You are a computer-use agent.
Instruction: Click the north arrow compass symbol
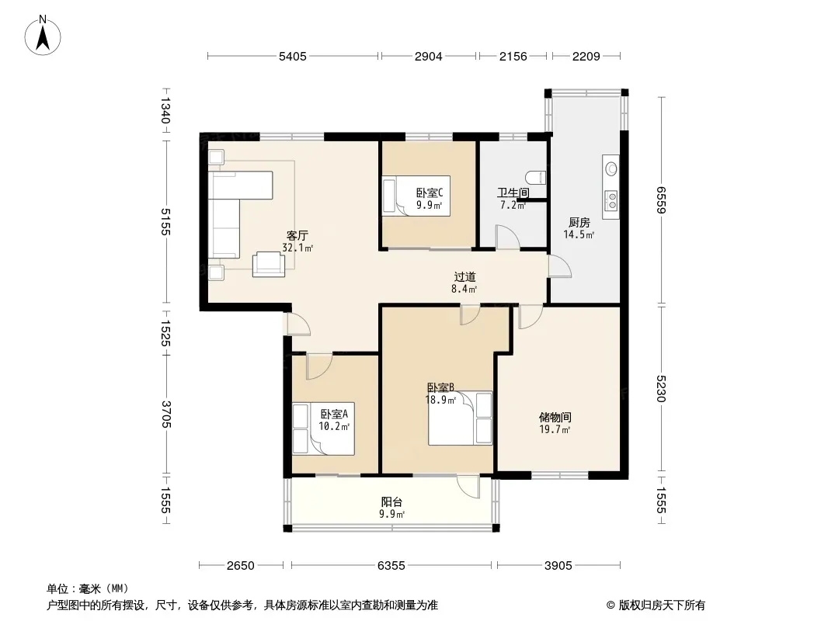coord(43,36)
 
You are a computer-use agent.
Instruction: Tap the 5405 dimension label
coord(293,56)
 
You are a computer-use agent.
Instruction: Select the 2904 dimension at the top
coord(428,56)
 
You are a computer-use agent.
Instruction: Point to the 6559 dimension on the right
coord(661,200)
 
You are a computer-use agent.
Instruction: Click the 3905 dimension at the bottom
coord(558,566)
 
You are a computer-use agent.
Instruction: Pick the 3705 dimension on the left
coord(165,415)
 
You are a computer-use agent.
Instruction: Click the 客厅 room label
coord(297,235)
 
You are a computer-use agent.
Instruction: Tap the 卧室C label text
coord(430,193)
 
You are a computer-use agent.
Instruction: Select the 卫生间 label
coord(513,193)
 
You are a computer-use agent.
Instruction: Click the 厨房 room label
coord(579,223)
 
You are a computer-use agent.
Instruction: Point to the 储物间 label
coord(555,418)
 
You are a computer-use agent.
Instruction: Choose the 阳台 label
coord(391,501)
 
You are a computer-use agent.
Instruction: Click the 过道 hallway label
coord(464,276)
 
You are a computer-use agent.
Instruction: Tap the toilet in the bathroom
coord(536,177)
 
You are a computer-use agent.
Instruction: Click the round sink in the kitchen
coord(611,169)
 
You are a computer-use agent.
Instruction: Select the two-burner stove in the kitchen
coord(611,200)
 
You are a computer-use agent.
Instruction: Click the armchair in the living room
coord(268,264)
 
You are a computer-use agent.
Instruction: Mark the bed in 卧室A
coord(323,429)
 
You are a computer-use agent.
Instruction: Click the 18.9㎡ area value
coord(440,400)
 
